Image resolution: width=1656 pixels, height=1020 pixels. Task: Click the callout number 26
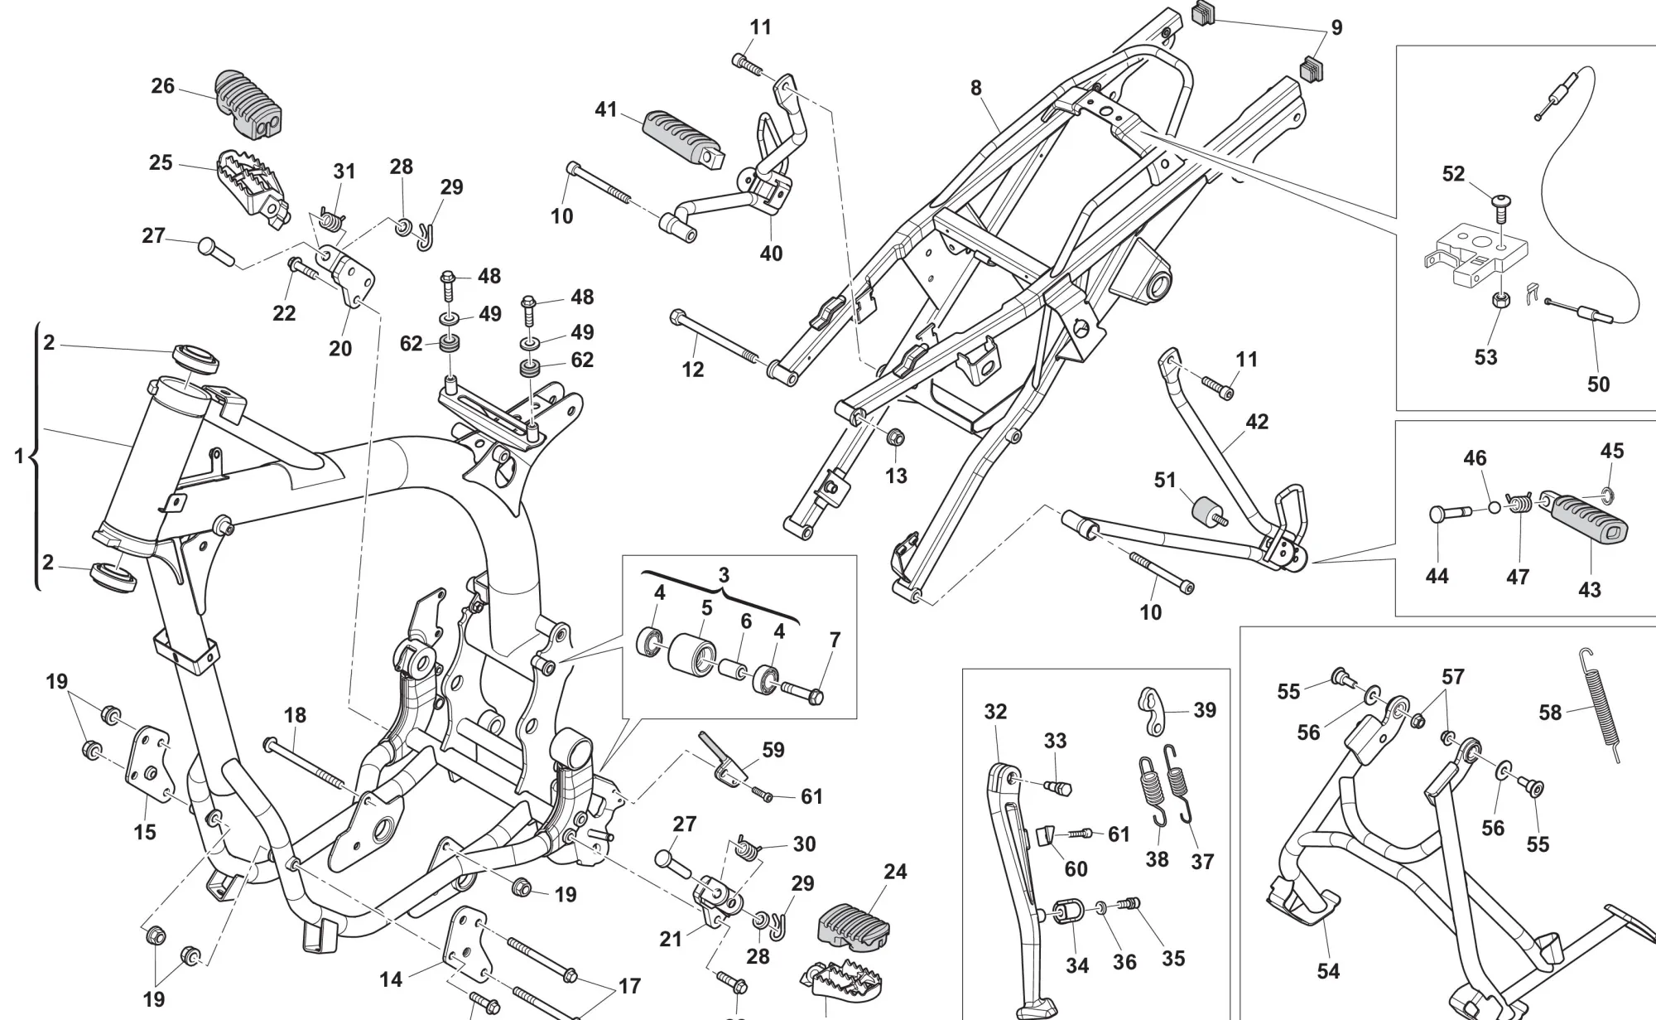(x=162, y=85)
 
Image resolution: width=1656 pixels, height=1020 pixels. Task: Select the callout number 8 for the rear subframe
(x=976, y=87)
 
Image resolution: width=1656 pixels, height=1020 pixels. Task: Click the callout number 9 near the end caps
(x=1336, y=27)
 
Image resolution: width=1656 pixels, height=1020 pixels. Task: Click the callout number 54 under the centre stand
(x=1328, y=970)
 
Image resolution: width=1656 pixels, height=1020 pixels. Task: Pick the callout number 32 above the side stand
(x=995, y=711)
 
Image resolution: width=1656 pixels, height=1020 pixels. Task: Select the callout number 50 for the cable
(x=1598, y=384)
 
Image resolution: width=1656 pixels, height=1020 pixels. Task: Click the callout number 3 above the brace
(x=724, y=574)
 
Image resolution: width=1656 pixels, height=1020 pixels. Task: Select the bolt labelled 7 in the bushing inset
(x=803, y=690)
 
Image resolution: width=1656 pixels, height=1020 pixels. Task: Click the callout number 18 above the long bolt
(x=295, y=715)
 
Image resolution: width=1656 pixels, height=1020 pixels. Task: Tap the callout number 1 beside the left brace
(x=19, y=455)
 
